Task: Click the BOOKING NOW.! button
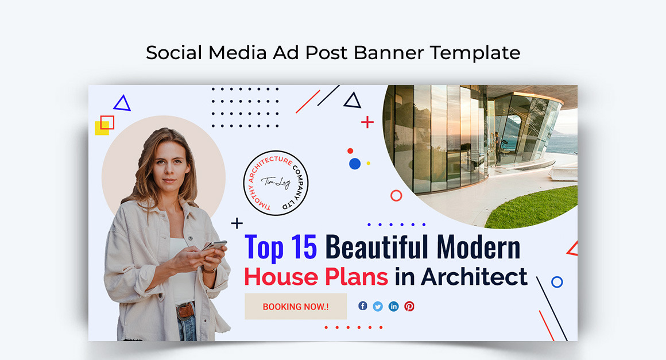pos(296,307)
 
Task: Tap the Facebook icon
pos(363,306)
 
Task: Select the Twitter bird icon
pos(378,306)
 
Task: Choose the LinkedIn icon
pos(393,306)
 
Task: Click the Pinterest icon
pos(409,306)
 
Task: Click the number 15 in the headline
pos(303,247)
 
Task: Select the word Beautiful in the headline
pos(375,247)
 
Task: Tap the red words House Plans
pos(316,277)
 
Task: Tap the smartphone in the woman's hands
pos(215,245)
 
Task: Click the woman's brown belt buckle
pos(185,311)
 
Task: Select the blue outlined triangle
pos(122,104)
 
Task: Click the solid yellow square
pos(101,129)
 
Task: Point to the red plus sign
pos(367,122)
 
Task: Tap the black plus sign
pos(237,223)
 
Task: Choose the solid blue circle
pos(355,164)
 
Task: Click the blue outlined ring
pos(556,282)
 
